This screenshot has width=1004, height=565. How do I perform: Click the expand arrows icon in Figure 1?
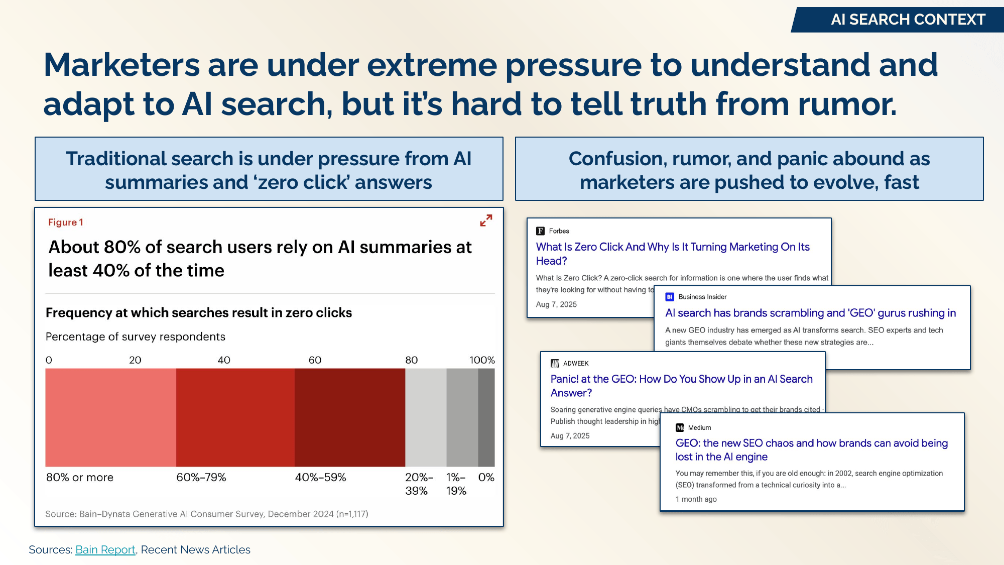(x=486, y=220)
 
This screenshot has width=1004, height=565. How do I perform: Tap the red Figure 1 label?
(x=66, y=222)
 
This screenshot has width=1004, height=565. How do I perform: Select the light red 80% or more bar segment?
(x=110, y=417)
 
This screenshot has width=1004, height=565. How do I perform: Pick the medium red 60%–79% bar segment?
(x=235, y=417)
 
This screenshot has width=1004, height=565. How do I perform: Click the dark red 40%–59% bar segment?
(x=349, y=417)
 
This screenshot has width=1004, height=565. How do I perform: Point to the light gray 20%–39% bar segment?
(x=426, y=417)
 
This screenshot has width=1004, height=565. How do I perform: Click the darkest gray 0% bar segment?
(x=486, y=417)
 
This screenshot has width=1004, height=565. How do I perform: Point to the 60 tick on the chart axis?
(x=315, y=360)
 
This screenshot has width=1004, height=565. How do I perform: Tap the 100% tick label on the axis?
(x=482, y=360)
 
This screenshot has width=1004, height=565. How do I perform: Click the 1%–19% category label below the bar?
(x=456, y=484)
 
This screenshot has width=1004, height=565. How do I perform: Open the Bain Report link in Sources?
(x=105, y=549)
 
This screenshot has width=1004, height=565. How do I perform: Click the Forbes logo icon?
(x=540, y=231)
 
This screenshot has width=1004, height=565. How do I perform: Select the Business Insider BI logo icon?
(x=670, y=297)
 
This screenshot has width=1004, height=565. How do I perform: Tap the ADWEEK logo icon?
(x=555, y=363)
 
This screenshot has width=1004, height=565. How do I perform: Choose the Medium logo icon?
(x=680, y=427)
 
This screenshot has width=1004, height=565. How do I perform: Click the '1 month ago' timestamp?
(x=696, y=499)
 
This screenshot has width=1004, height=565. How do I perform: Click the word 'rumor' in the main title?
(x=847, y=104)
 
